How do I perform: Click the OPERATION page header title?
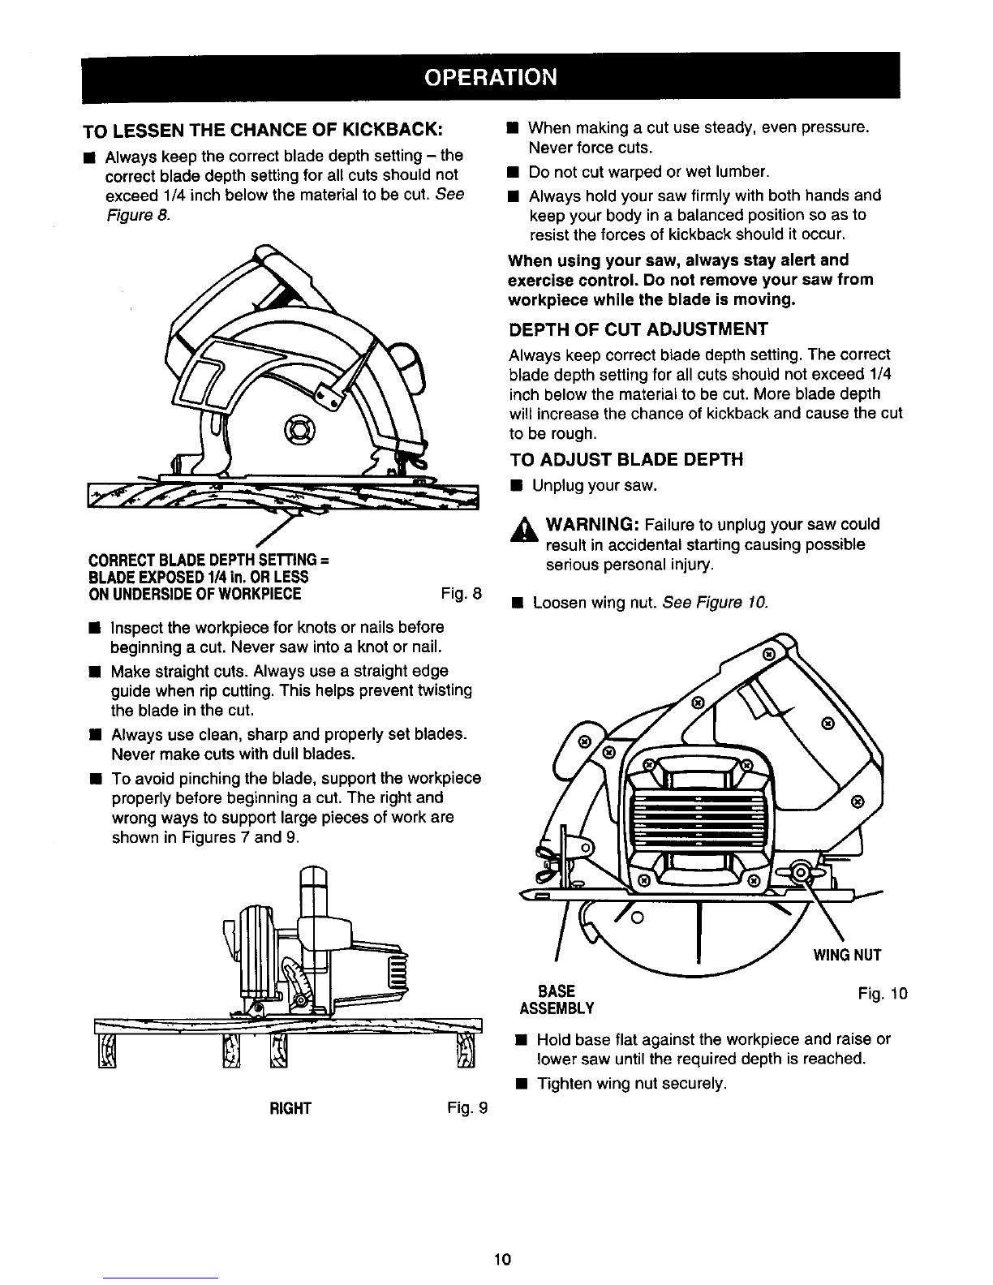pyautogui.click(x=492, y=76)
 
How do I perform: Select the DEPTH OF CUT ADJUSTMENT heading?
pyautogui.click(x=637, y=329)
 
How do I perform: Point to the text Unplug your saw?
pyautogui.click(x=593, y=485)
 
